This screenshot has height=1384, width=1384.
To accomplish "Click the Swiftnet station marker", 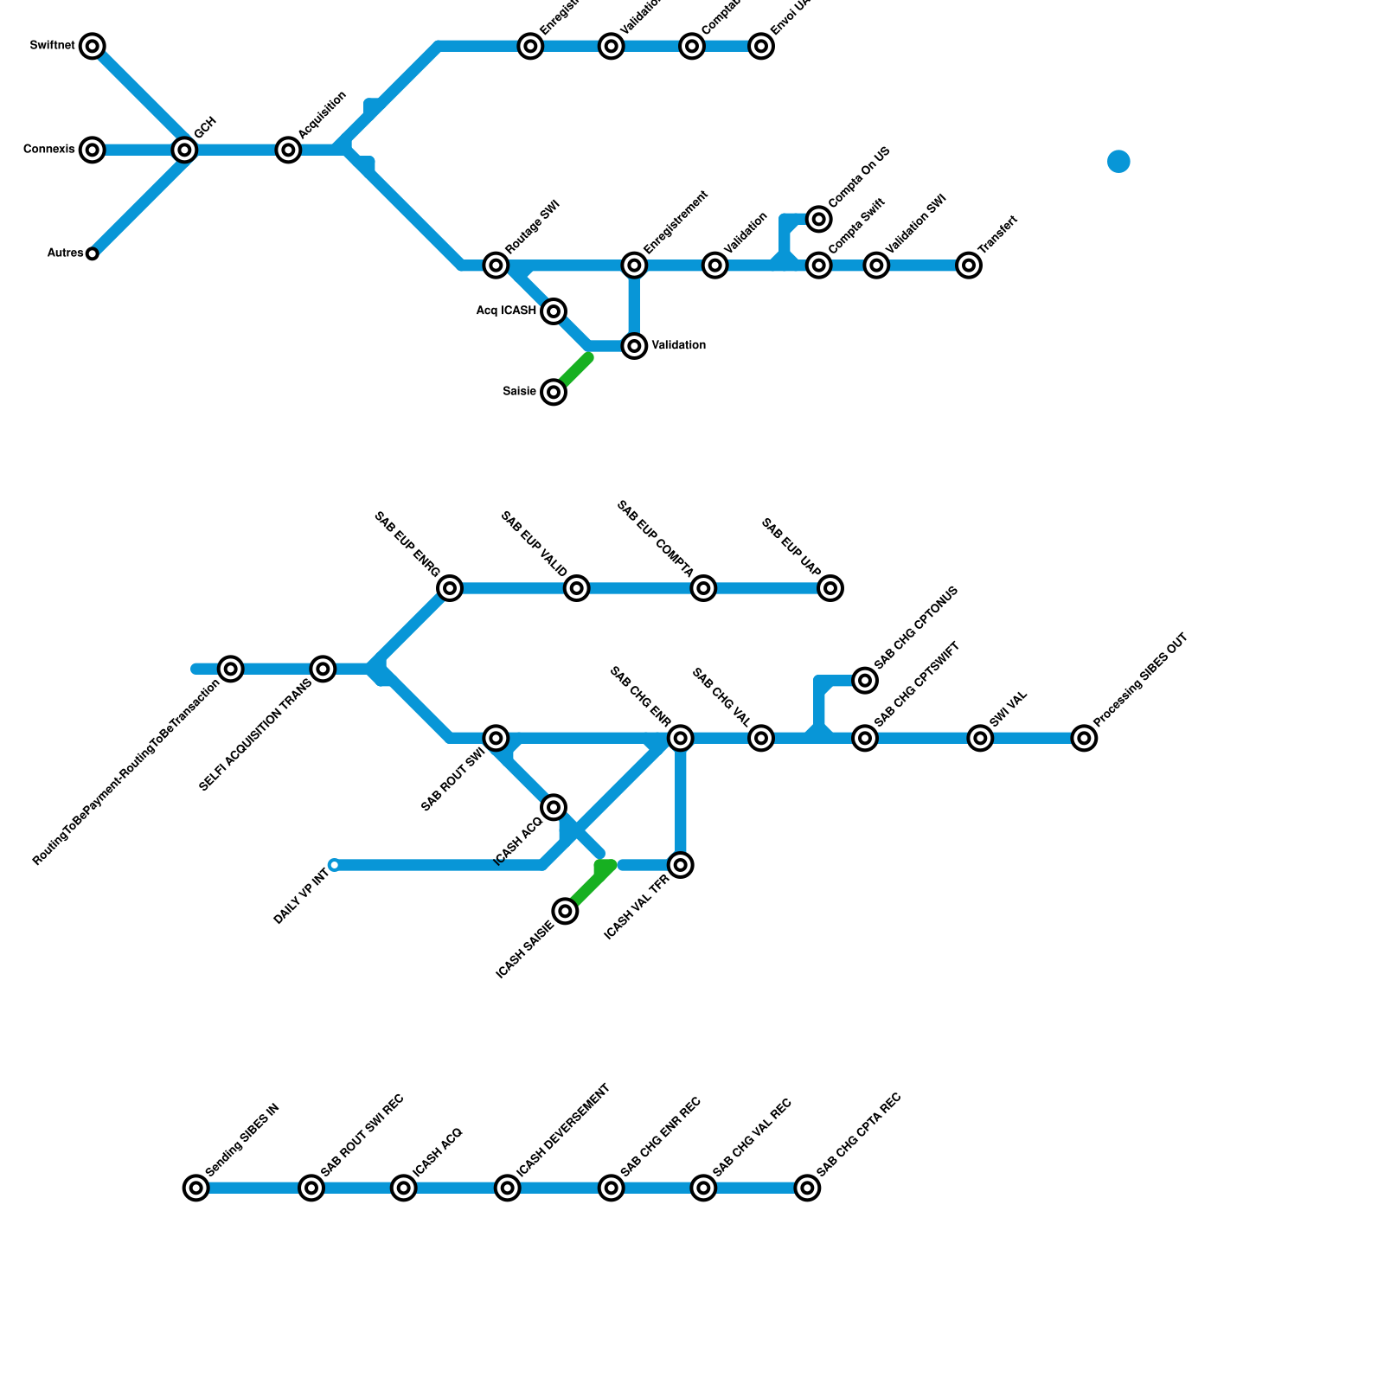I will tap(93, 46).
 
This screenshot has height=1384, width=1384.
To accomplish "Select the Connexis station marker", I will tap(93, 150).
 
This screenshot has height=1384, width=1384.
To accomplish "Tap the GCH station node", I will tap(184, 150).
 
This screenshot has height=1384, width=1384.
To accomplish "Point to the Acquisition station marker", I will tap(289, 150).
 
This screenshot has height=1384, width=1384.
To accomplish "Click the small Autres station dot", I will tap(93, 253).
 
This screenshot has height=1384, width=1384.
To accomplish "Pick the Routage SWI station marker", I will tap(496, 265).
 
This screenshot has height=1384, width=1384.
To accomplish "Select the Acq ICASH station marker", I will tap(554, 311).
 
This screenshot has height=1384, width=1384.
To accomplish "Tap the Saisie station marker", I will tap(554, 392).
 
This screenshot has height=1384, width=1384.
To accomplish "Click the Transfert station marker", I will tap(969, 265).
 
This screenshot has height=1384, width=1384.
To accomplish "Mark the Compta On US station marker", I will tap(819, 219).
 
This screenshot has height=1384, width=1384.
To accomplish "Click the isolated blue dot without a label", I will tap(1118, 162).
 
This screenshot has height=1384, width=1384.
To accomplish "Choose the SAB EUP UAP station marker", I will tap(830, 588).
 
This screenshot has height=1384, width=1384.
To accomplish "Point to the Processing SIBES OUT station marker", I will tap(1084, 738).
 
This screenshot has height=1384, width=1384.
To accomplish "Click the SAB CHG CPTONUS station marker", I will tap(865, 680).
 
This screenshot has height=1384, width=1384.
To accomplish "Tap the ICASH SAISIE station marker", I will tap(565, 911).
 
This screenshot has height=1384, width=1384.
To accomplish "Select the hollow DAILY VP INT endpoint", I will tap(335, 865).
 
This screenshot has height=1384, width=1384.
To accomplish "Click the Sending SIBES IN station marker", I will tap(196, 1188).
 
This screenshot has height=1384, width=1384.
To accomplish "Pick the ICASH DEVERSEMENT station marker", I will tap(508, 1188).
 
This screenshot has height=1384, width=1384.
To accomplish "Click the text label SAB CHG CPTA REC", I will tap(859, 1134).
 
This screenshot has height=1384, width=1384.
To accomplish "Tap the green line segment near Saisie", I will tap(575, 370).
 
